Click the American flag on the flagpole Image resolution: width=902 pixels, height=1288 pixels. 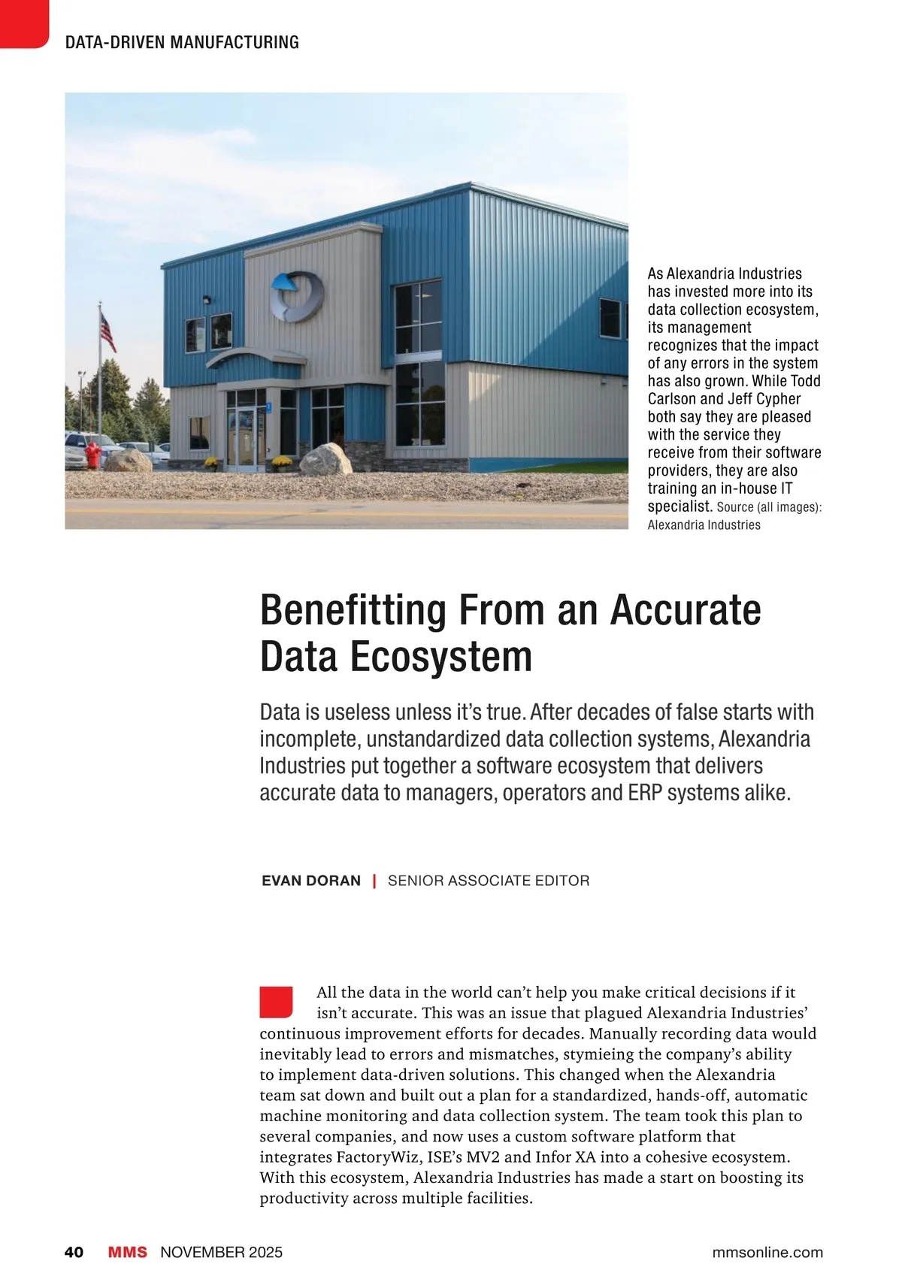tap(108, 331)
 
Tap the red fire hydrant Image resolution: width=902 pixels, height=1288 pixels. tap(92, 454)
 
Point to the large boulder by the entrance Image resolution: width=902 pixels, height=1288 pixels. tap(325, 458)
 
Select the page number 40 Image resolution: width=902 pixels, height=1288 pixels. tap(74, 1252)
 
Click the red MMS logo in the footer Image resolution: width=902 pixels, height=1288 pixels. tap(128, 1252)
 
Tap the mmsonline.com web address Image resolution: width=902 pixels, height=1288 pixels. tap(767, 1252)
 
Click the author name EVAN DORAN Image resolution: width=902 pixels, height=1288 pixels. tap(311, 880)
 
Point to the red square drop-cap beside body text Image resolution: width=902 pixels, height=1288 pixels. tap(275, 1002)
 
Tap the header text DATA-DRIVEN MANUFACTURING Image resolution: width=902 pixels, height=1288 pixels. tap(182, 42)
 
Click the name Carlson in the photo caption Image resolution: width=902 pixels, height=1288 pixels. tap(672, 399)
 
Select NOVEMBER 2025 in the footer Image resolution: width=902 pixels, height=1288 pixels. tap(222, 1252)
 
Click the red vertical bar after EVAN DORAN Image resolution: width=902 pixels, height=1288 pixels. tap(374, 880)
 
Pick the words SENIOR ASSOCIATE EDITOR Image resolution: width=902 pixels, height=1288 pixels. tap(489, 880)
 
